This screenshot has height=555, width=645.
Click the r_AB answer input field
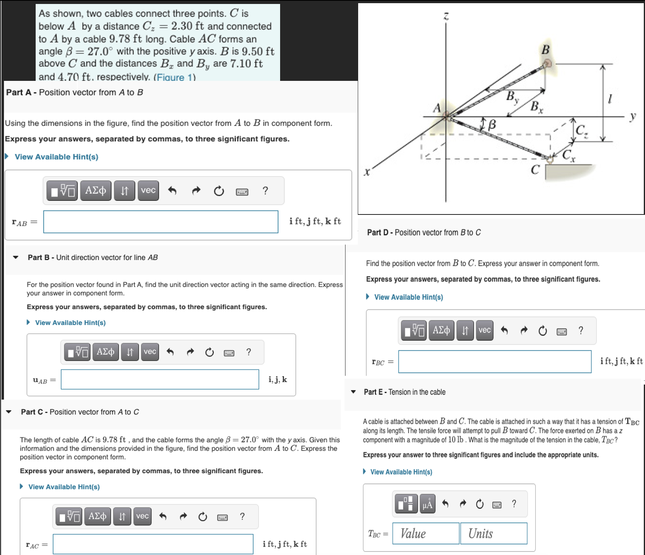pyautogui.click(x=160, y=222)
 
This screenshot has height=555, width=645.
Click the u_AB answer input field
pyautogui.click(x=160, y=379)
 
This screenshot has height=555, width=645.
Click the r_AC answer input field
pyautogui.click(x=153, y=544)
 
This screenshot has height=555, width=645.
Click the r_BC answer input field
pyautogui.click(x=494, y=362)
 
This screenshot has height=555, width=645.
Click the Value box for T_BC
pyautogui.click(x=426, y=533)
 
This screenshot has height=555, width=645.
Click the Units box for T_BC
pyautogui.click(x=493, y=533)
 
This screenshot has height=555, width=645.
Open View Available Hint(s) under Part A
pyautogui.click(x=56, y=157)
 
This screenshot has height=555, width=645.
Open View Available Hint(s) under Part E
pyautogui.click(x=401, y=472)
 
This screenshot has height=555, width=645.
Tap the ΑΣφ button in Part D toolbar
pyautogui.click(x=441, y=330)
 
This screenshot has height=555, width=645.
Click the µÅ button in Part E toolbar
pyautogui.click(x=427, y=504)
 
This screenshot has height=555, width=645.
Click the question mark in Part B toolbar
pyautogui.click(x=248, y=352)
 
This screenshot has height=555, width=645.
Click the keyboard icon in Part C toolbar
pyautogui.click(x=223, y=517)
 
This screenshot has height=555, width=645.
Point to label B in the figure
pyautogui.click(x=546, y=50)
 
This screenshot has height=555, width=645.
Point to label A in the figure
pyautogui.click(x=437, y=108)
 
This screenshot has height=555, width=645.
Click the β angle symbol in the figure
pyautogui.click(x=492, y=125)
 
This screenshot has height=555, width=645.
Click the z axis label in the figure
pyautogui.click(x=446, y=16)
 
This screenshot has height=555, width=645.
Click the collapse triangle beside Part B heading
pyautogui.click(x=15, y=257)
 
